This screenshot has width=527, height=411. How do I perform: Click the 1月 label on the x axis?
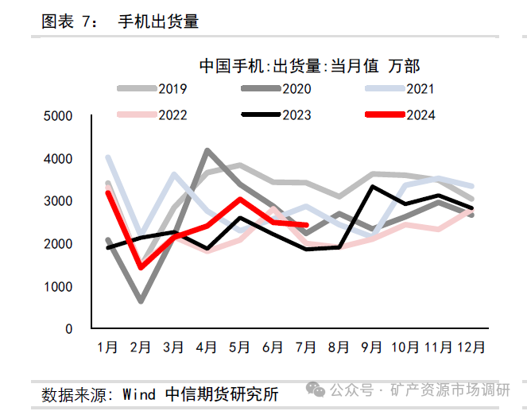107,347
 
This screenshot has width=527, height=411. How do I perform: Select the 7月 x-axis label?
306,347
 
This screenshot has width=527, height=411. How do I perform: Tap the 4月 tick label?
207,347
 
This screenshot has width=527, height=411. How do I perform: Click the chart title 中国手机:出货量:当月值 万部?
309,66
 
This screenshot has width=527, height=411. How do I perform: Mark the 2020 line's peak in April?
207,150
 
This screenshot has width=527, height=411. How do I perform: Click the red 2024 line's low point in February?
141,267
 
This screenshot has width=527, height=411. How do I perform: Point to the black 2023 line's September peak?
373,187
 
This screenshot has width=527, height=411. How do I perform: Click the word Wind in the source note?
140,394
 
